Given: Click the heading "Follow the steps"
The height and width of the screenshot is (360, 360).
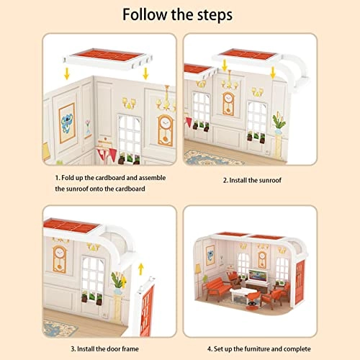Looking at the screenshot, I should click(x=179, y=14).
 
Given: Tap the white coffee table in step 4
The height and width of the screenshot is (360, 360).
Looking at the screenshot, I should click(x=253, y=294).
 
